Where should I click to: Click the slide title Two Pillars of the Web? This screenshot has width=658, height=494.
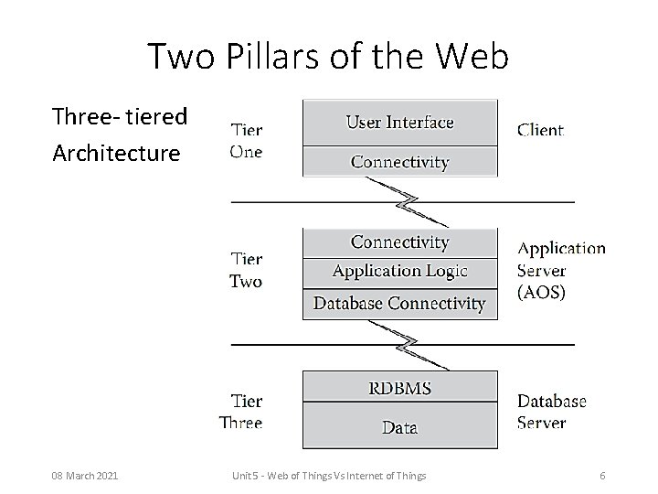[x=328, y=57]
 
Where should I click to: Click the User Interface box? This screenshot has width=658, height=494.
[x=399, y=122]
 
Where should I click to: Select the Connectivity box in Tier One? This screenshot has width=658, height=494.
[x=399, y=162]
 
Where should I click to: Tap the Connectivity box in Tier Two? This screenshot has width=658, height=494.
[x=399, y=242]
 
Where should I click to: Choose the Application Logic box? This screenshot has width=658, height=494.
[x=399, y=271]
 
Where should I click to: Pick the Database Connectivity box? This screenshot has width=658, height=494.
[x=399, y=303]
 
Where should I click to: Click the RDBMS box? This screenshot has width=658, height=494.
[x=399, y=387]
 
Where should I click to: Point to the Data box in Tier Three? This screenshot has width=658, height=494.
[x=399, y=426]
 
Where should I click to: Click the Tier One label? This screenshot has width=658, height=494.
[x=246, y=141]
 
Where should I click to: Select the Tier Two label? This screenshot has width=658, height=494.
[x=246, y=271]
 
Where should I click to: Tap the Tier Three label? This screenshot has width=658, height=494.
[x=242, y=411]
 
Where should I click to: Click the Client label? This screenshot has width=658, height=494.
[x=540, y=130]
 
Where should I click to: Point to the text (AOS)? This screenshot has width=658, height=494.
[x=542, y=293]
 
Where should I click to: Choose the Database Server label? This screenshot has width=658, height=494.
[x=551, y=412]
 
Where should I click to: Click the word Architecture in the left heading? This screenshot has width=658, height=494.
[x=116, y=153]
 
